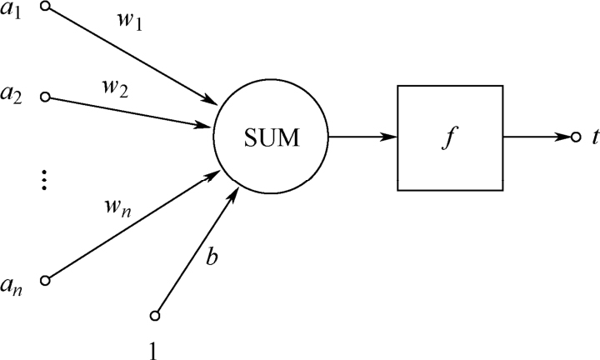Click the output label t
592,136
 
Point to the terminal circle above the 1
154,315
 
